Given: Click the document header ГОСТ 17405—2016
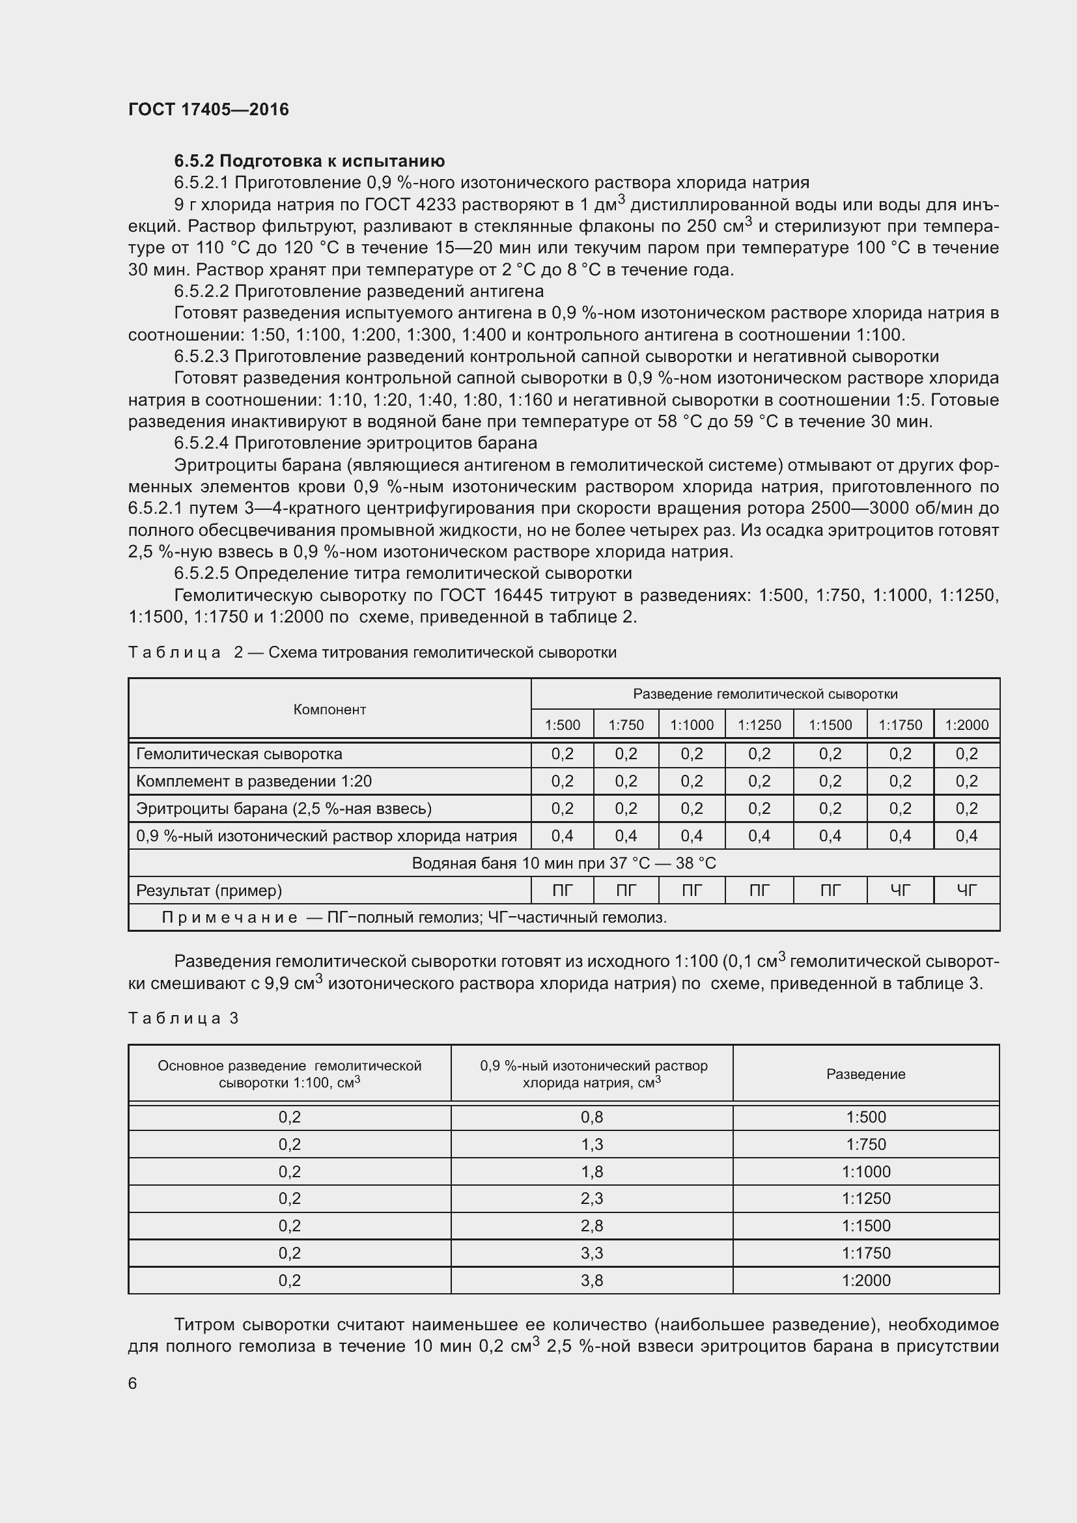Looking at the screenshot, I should click(x=208, y=109).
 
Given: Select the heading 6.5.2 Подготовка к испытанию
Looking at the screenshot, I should click(x=309, y=161).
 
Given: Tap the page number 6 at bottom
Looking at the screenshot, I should click(x=133, y=1383).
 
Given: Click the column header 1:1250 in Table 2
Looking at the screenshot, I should click(x=759, y=725).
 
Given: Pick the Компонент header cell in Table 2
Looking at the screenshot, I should click(x=329, y=709).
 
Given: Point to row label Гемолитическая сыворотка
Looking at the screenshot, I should click(x=239, y=753).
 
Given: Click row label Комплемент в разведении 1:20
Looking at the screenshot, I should click(x=253, y=781).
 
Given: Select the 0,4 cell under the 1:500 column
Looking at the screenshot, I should click(x=562, y=836).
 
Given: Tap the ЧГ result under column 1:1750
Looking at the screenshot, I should click(x=900, y=890).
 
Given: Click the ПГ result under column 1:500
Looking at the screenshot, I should click(x=562, y=890).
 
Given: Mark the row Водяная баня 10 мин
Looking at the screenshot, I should click(x=564, y=863).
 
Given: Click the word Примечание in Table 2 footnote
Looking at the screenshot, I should click(x=229, y=917).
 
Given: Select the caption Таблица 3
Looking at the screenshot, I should click(x=183, y=1018).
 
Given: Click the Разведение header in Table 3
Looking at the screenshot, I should click(x=865, y=1074).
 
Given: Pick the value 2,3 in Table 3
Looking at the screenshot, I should click(x=591, y=1199).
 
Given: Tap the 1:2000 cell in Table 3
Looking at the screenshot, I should click(x=865, y=1280).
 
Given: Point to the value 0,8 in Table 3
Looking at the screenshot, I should click(x=591, y=1117).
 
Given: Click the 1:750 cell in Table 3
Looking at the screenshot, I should click(x=865, y=1144).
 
